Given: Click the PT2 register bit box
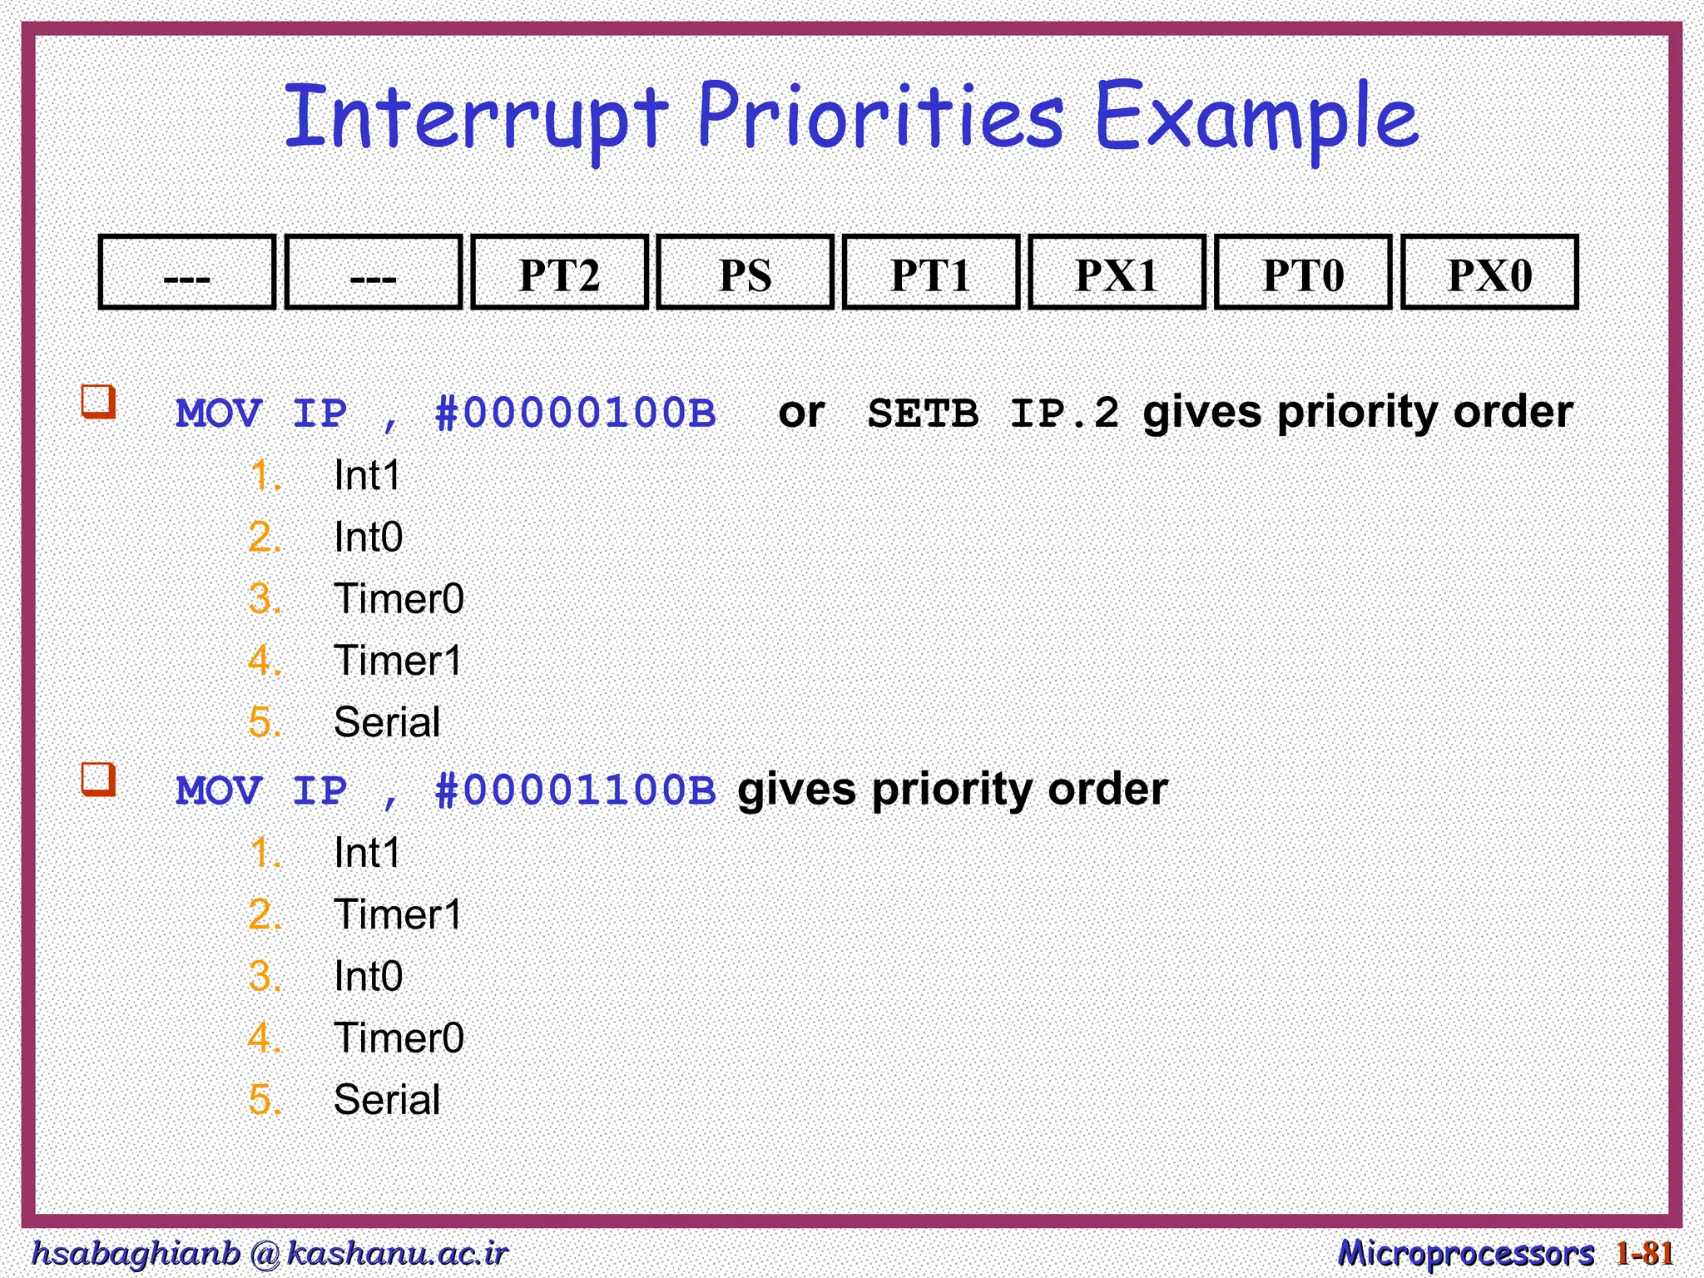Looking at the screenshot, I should (x=559, y=273).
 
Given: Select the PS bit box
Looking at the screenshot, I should (x=745, y=273).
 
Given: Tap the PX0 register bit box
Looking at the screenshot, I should (x=1489, y=273).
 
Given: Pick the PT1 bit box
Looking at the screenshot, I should (x=930, y=273).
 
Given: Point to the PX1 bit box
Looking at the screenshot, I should (x=1117, y=273).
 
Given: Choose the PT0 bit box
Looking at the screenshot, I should (x=1303, y=273).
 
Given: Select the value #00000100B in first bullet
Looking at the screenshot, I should (x=575, y=413).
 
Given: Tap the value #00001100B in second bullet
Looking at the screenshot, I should (x=575, y=790).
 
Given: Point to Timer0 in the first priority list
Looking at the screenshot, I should (x=399, y=599).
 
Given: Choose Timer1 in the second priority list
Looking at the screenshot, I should (x=398, y=914).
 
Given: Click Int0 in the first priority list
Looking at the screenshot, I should (x=368, y=537).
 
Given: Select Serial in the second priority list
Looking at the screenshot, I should (x=386, y=1099).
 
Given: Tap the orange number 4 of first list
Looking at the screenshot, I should (x=264, y=661).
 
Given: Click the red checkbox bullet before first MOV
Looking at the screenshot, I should (x=98, y=401).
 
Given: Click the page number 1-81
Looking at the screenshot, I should (x=1644, y=1252).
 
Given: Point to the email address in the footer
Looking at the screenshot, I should (x=269, y=1252).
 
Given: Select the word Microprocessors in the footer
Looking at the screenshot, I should (x=1465, y=1252).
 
